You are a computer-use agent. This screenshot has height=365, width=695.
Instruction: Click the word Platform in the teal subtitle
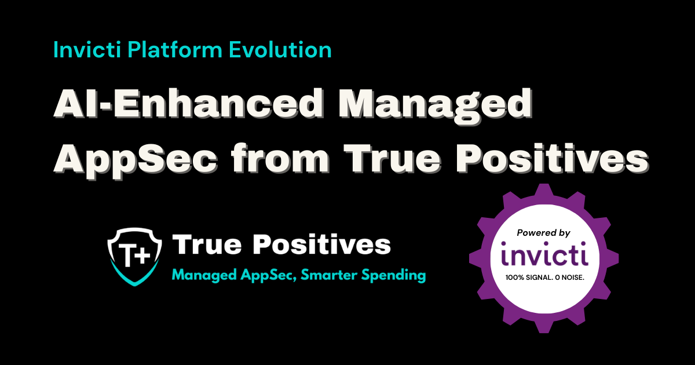[x=175, y=50]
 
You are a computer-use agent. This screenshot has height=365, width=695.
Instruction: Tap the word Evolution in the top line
[x=280, y=50]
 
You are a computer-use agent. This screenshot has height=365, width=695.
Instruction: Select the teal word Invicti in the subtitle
[x=87, y=50]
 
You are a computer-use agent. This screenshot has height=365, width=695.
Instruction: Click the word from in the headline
[x=280, y=158]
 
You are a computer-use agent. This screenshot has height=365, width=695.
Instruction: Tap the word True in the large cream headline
[x=392, y=159]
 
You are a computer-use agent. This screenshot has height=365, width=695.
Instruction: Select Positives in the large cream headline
[x=553, y=159]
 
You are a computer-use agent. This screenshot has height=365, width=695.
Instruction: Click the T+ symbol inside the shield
[x=134, y=255]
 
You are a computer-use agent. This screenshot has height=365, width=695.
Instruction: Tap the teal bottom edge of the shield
[x=134, y=276]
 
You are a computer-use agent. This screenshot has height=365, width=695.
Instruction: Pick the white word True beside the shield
[x=207, y=244]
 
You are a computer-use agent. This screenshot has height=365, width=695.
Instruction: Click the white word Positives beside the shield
[x=322, y=244]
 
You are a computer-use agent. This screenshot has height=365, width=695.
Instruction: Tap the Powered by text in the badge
[x=544, y=233]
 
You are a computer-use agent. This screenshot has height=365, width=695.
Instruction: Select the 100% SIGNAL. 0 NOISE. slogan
[x=545, y=278]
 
